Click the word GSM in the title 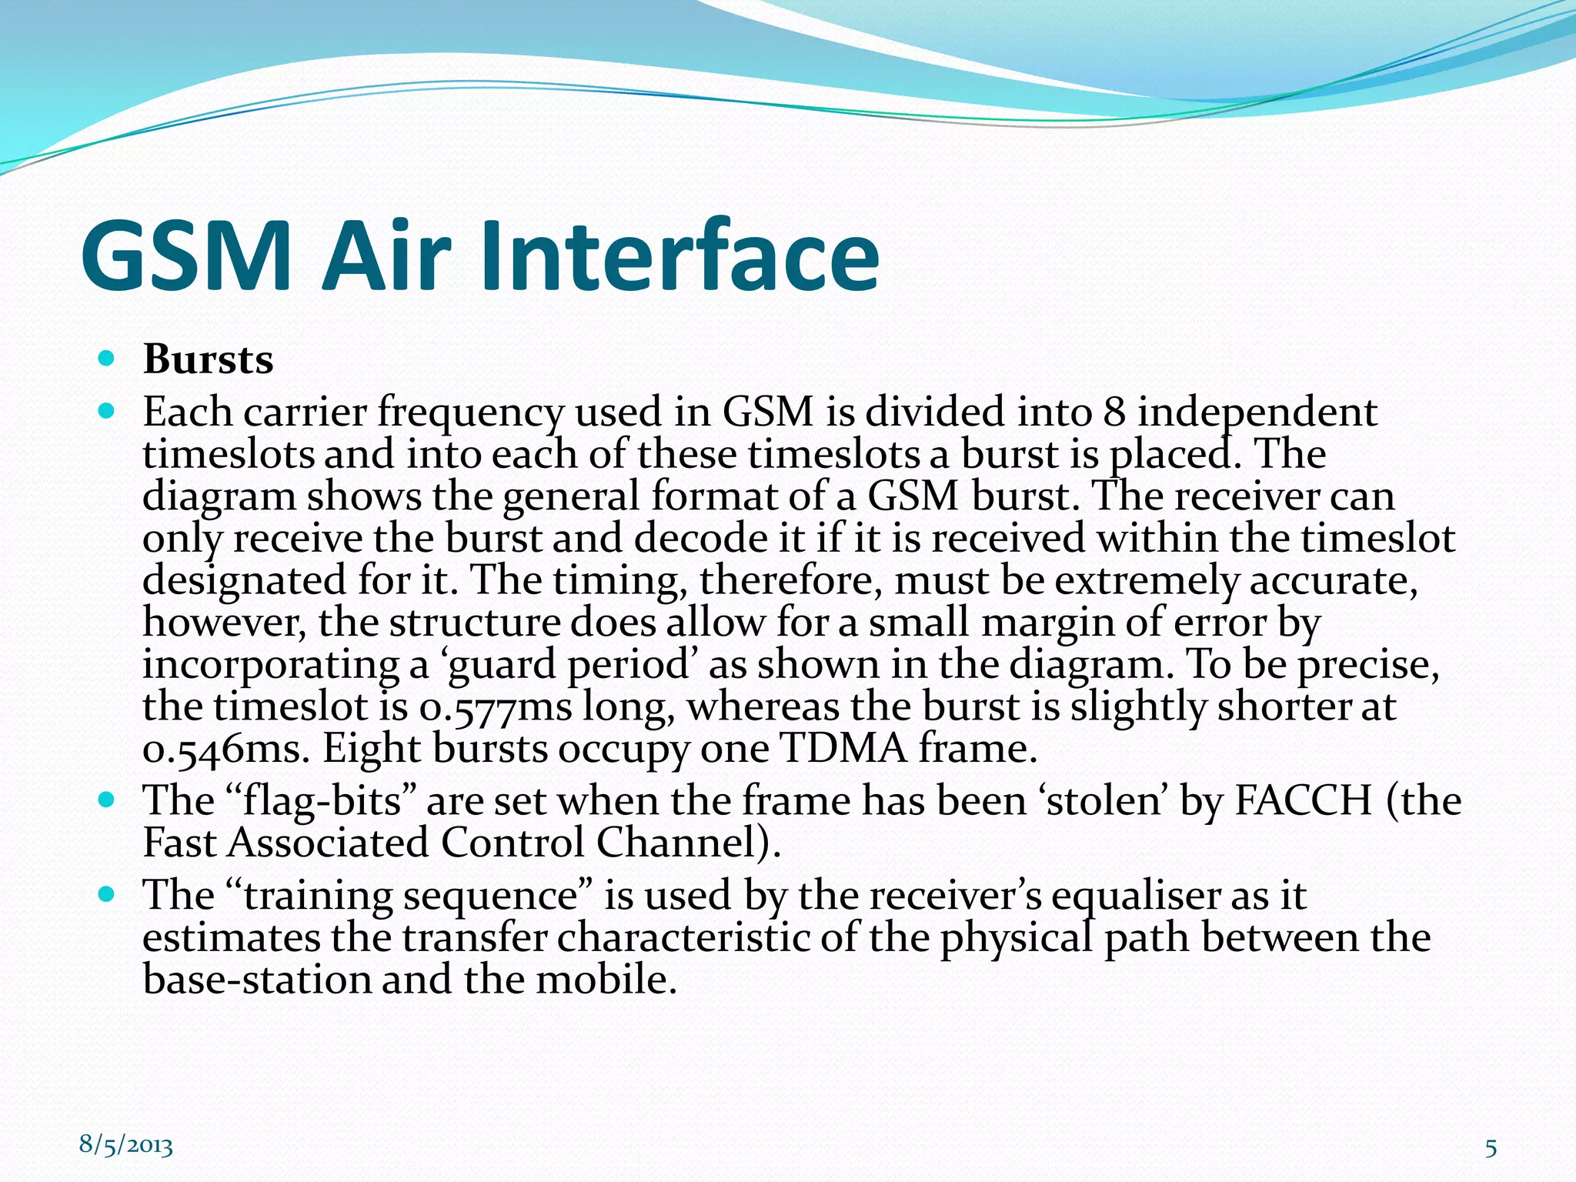[x=186, y=256]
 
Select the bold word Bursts [x=208, y=359]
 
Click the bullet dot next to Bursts [x=107, y=359]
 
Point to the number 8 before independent [x=1114, y=412]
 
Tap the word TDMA [x=843, y=748]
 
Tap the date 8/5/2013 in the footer [x=126, y=1145]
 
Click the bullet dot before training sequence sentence [x=107, y=894]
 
